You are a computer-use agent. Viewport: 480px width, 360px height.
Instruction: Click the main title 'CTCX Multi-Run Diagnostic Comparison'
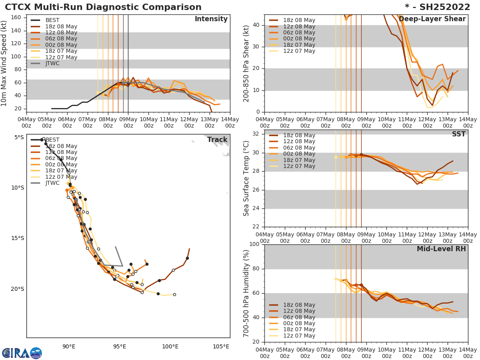(x=103, y=7)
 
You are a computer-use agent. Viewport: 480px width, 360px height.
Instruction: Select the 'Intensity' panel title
(x=211, y=19)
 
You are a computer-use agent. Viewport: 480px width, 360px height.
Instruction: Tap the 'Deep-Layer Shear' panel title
(x=432, y=19)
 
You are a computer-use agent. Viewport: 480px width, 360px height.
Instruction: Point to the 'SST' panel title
(x=458, y=134)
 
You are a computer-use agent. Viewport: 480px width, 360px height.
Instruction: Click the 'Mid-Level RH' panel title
(x=441, y=249)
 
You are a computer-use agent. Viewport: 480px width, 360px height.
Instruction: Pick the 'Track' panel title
(x=217, y=140)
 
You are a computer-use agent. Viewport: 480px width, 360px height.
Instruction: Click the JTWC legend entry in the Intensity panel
(x=52, y=64)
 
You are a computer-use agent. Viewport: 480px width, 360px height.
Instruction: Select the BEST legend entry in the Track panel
(x=52, y=140)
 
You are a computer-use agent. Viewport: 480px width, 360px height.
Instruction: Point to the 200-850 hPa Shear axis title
(x=247, y=63)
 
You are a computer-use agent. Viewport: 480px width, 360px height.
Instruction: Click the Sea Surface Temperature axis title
(x=247, y=178)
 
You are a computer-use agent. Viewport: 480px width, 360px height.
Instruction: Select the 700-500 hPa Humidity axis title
(x=247, y=293)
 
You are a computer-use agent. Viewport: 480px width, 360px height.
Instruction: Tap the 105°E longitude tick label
(x=221, y=347)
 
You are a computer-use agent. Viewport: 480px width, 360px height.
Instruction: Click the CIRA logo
(x=22, y=353)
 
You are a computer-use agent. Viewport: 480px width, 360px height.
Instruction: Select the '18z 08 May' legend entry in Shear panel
(x=299, y=20)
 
